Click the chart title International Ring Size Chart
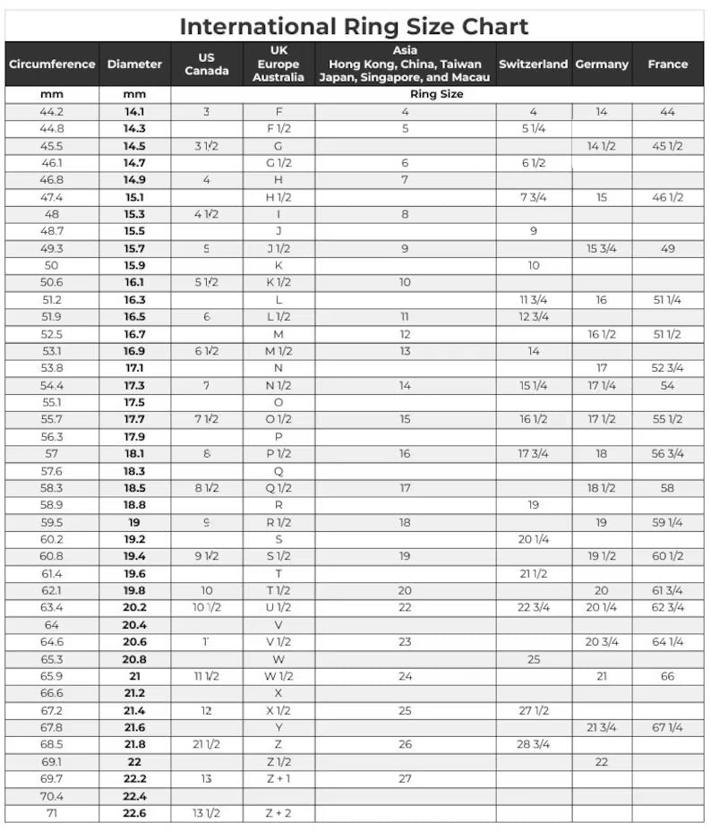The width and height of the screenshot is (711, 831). tap(355, 27)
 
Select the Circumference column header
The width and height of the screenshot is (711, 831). tap(52, 64)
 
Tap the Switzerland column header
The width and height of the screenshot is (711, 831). tap(533, 64)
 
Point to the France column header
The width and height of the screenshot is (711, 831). tap(667, 64)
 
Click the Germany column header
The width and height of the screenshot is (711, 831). tap(601, 64)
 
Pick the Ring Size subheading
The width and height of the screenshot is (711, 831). tap(437, 94)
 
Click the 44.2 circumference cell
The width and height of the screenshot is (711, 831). tap(52, 112)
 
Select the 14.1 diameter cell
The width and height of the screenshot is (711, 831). tap(134, 112)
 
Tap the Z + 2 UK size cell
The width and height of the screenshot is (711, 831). tap(278, 813)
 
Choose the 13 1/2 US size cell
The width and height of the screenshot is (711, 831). tap(206, 813)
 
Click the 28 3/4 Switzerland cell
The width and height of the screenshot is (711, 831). tap(533, 745)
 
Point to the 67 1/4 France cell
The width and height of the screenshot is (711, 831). tap(667, 728)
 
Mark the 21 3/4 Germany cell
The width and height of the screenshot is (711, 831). tap(601, 728)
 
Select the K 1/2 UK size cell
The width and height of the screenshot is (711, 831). tap(278, 283)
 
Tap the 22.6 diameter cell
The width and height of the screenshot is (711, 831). tap(134, 813)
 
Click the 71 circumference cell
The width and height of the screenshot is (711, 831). tap(52, 813)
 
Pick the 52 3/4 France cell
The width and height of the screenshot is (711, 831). tap(667, 368)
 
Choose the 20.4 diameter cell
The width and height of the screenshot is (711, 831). tap(134, 625)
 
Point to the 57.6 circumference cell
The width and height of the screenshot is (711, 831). tap(52, 471)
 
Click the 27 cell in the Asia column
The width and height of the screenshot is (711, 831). tap(405, 779)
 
